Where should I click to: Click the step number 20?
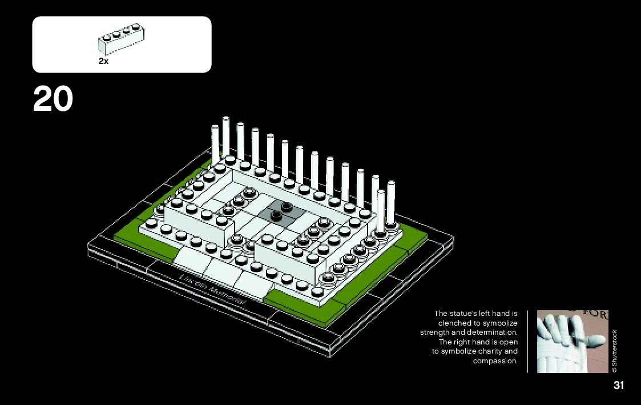point(53,99)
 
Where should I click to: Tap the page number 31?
point(619,385)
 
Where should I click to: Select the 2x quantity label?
point(103,61)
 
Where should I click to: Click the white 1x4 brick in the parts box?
point(120,39)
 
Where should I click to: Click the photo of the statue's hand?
point(573,341)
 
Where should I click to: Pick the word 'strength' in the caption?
point(435,332)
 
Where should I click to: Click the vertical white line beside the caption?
point(528,341)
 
